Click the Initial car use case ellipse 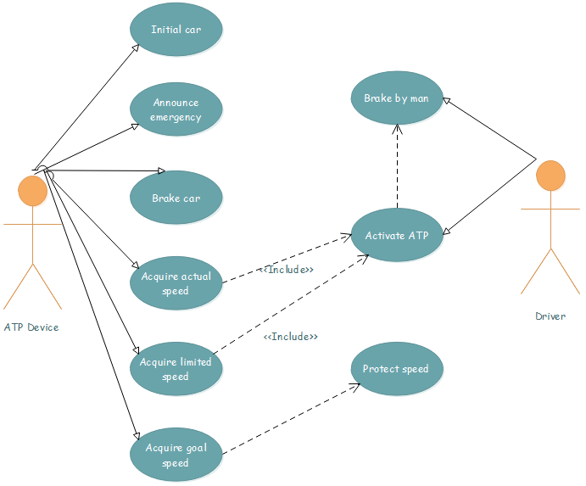coord(176,30)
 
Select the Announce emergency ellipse coord(176,109)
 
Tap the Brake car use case coord(176,198)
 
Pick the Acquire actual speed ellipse coord(176,283)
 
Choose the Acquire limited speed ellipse coord(176,369)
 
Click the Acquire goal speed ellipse coord(176,455)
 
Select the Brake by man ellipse coord(396,98)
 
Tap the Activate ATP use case coord(396,235)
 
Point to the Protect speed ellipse coord(396,369)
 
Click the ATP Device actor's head coord(33,192)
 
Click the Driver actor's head coord(550,176)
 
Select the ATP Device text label coord(31,327)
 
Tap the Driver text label coord(550,316)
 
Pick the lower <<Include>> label coord(291,337)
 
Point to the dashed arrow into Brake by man coord(396,166)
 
